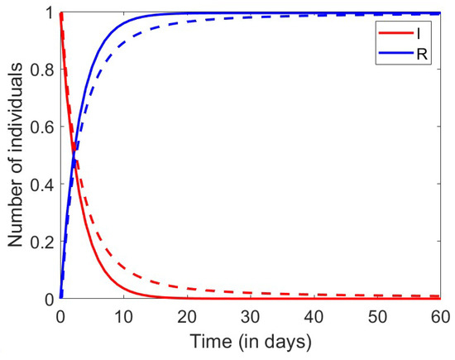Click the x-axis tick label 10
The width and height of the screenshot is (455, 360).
[x=122, y=317]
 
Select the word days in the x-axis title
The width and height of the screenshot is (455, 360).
[x=284, y=341]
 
